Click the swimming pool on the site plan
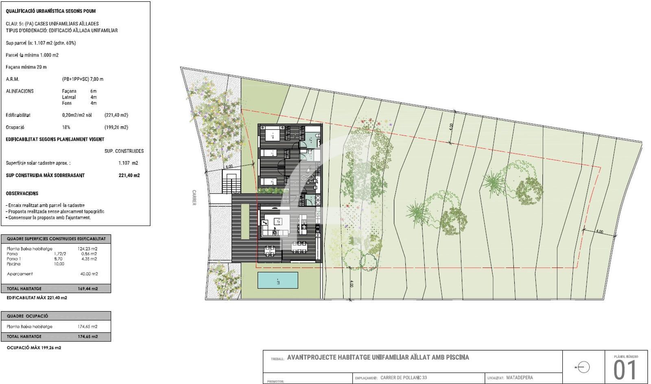pos(277,281)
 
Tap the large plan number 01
pos(625,370)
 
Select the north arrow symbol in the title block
pos(583,367)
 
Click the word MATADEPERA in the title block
pos(520,377)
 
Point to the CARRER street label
pos(194,197)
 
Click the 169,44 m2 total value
pos(88,289)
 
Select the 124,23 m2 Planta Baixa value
pos(87,248)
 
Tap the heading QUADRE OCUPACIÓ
pos(27,316)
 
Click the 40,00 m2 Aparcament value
pos(89,274)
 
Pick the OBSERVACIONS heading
pos(22,193)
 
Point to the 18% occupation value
pos(66,127)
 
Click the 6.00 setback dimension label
pos(229,166)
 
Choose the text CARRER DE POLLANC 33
pos(404,377)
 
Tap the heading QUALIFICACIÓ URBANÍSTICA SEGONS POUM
pos(51,11)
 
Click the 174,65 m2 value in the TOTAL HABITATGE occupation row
pos(88,337)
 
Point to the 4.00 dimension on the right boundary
pos(599,232)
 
